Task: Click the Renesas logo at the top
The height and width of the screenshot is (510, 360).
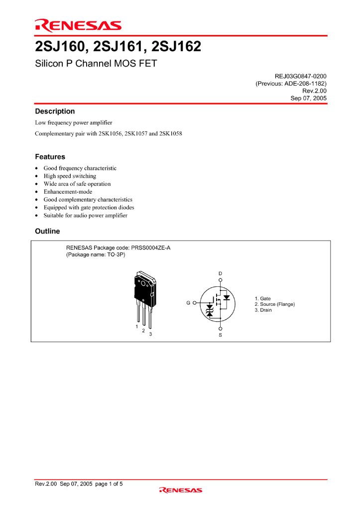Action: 78,25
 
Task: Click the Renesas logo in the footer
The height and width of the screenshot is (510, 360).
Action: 180,490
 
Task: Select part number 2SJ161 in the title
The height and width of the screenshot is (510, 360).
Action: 120,47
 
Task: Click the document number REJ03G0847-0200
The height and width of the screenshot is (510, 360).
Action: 294,76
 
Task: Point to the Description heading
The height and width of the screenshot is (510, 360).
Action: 55,111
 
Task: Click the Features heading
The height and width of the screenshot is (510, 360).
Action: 50,156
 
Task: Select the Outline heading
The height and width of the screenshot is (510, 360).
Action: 47,231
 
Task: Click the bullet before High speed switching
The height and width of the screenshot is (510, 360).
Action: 37,176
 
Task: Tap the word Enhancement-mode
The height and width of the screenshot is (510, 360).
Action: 68,192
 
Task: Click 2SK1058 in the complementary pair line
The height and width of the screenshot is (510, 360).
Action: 171,133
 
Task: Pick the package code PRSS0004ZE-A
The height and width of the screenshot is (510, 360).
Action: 150,248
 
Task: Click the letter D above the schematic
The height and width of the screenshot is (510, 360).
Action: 220,273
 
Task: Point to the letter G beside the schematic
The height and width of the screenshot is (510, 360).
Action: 188,302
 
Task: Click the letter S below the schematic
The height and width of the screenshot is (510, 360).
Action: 220,335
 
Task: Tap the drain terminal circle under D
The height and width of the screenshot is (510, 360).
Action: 220,280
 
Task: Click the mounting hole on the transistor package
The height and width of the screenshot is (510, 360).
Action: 144,284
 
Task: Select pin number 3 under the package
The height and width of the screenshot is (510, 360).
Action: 150,334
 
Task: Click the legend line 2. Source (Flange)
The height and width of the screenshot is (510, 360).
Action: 274,304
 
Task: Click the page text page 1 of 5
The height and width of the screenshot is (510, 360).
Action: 109,484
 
